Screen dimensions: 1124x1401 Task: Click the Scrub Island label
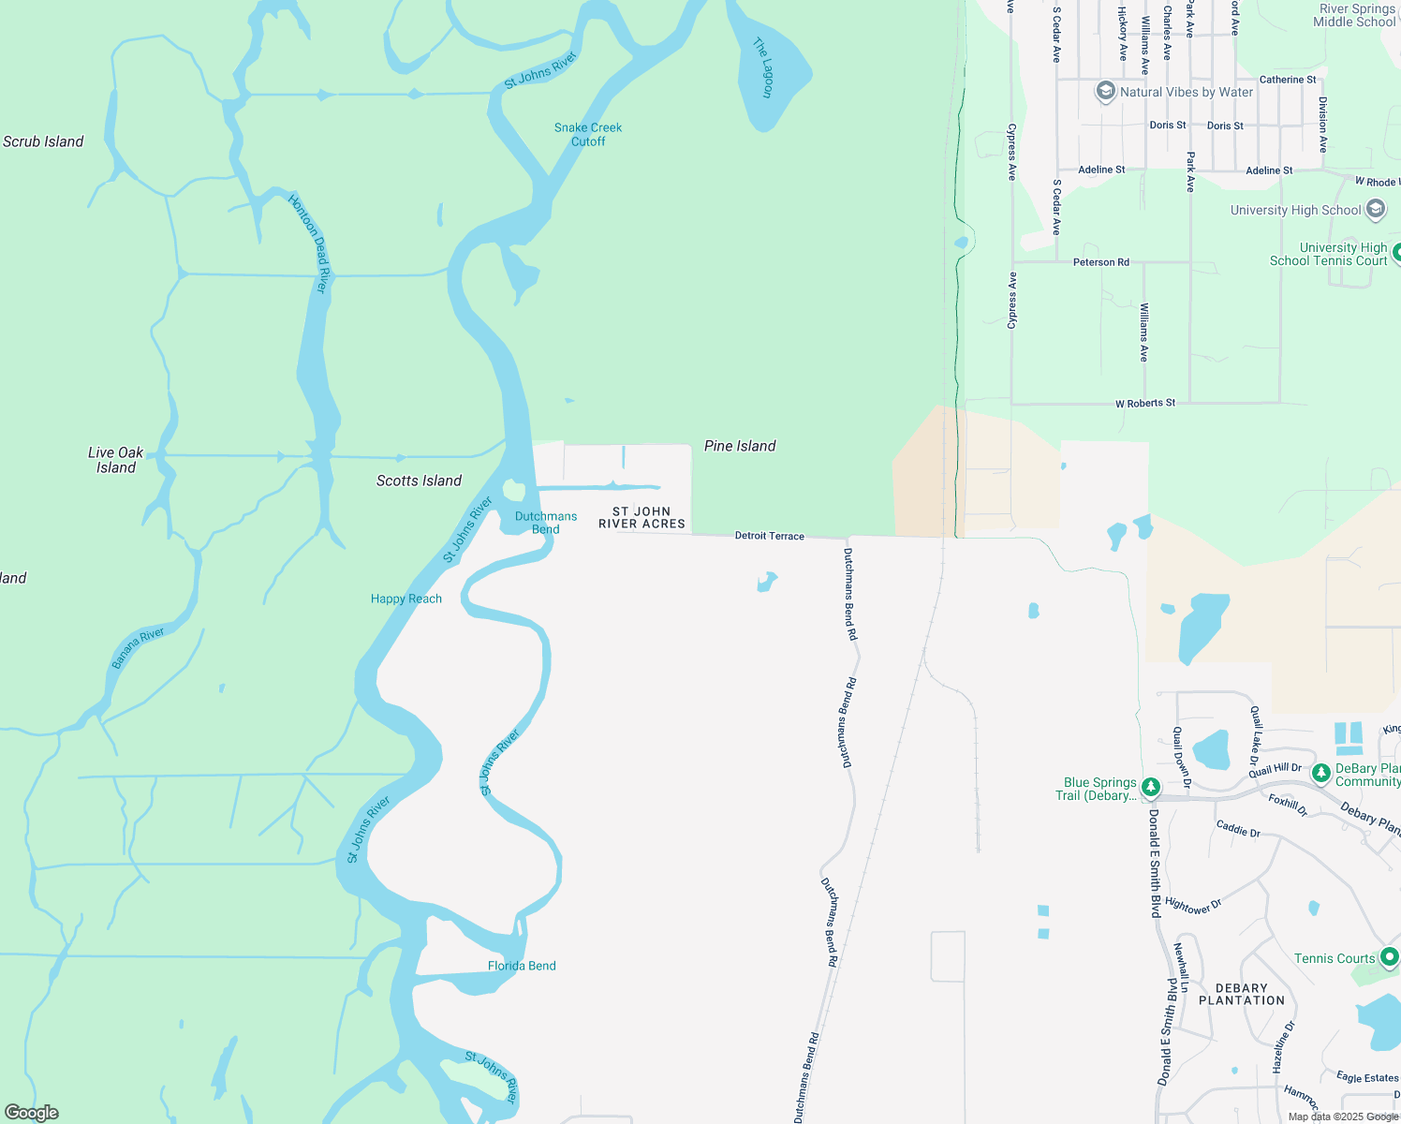[43, 142]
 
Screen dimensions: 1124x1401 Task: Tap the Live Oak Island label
[116, 460]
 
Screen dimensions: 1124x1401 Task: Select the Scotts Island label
[419, 481]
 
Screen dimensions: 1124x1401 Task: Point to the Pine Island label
[740, 446]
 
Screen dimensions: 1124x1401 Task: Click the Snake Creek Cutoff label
[588, 135]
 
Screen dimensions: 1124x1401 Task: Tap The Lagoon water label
[764, 67]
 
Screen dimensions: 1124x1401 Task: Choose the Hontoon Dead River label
[309, 243]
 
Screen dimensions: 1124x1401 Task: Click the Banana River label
[138, 648]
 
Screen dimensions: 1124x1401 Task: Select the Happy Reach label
[406, 599]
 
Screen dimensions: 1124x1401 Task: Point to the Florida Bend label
[522, 966]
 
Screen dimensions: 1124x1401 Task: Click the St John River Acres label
[642, 518]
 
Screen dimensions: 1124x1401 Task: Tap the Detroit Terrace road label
[770, 536]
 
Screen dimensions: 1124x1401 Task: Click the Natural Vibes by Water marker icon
[1106, 92]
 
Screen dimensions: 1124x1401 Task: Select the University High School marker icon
[1376, 209]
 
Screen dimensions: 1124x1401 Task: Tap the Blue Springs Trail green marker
[1151, 787]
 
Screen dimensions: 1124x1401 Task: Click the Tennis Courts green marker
[1390, 957]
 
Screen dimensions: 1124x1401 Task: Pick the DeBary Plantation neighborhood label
[1242, 995]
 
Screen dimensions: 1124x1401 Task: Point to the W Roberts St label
[1145, 404]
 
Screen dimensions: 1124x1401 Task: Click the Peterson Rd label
[1101, 262]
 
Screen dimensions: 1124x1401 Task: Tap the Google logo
[32, 1113]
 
